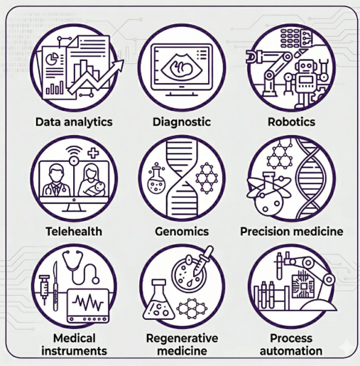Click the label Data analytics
[x=74, y=122]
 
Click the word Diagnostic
[x=182, y=122]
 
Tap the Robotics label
[x=291, y=122]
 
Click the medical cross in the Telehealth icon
[x=93, y=153]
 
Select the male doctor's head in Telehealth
[x=56, y=174]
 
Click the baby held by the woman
[x=98, y=189]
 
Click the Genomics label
[x=182, y=232]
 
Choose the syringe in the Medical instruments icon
[x=44, y=289]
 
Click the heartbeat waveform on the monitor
[x=88, y=303]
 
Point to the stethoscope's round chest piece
[x=95, y=281]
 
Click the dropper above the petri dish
[x=203, y=261]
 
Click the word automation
[x=291, y=351]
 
